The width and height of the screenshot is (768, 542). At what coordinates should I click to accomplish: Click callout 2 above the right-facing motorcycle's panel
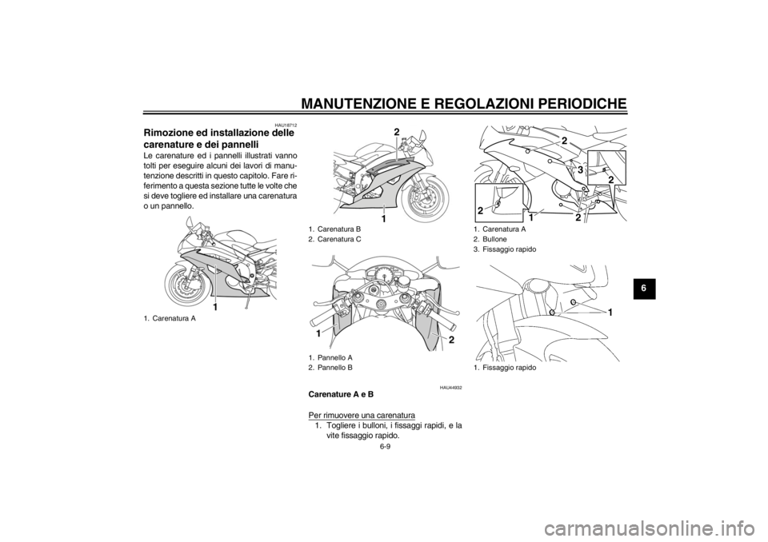pyautogui.click(x=396, y=131)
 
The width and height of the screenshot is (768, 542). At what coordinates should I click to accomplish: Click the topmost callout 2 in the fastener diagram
pyautogui.click(x=564, y=141)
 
